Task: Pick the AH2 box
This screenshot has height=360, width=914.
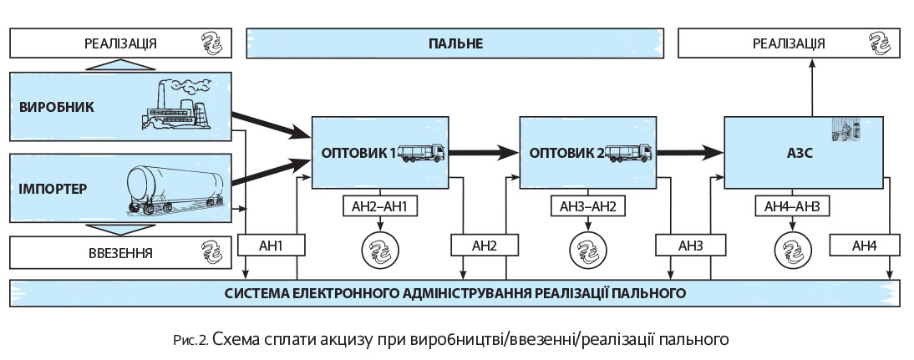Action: pos(485,246)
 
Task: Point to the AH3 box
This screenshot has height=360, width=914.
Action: pos(690,246)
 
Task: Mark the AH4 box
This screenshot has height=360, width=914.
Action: pos(865,246)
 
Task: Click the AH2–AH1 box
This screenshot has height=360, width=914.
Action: pos(381,206)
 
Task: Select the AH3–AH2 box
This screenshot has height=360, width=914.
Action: pos(588,206)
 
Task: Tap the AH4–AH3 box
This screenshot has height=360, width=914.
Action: pos(793,206)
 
